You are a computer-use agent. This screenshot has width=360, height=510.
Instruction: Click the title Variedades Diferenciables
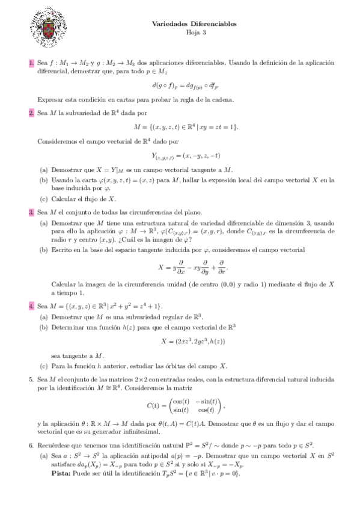pos(195,23)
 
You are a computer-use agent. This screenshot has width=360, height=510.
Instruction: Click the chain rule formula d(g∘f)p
pos(195,85)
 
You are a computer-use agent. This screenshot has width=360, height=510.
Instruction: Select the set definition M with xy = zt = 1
pos(195,126)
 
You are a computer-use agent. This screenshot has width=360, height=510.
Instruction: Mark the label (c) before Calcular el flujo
pos(44,198)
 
